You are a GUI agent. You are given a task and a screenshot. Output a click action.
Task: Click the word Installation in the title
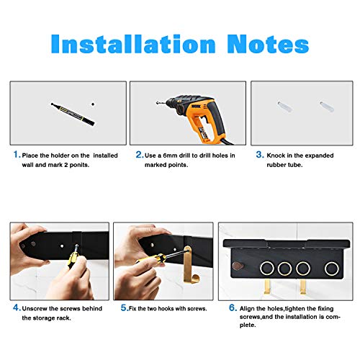132,44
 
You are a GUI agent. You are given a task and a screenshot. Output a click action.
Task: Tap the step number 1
14,154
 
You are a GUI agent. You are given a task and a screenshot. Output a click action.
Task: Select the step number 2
138,154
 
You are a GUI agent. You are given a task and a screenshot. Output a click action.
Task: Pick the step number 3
259,154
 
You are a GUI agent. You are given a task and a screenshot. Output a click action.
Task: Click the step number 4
14,307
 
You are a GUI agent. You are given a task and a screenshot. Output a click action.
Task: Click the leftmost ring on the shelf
265,269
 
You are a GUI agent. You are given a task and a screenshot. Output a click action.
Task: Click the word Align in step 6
255,307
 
